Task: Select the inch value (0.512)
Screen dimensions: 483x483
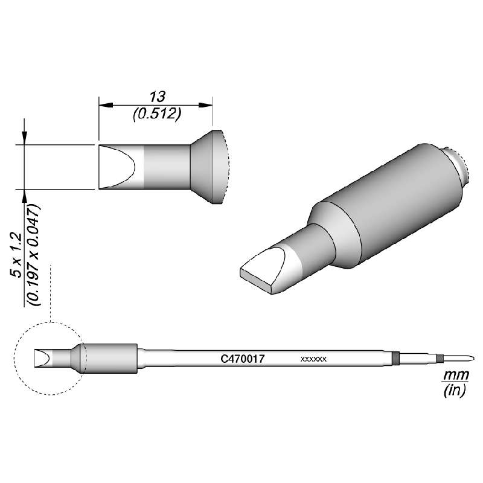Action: coord(157,114)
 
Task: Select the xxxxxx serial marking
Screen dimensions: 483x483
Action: coord(313,359)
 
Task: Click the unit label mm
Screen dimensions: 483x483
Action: coord(452,376)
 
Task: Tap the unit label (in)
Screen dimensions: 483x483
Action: coord(452,391)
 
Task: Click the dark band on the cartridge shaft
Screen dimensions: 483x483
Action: coord(395,359)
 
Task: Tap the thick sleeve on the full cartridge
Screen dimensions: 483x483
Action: coord(109,359)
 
